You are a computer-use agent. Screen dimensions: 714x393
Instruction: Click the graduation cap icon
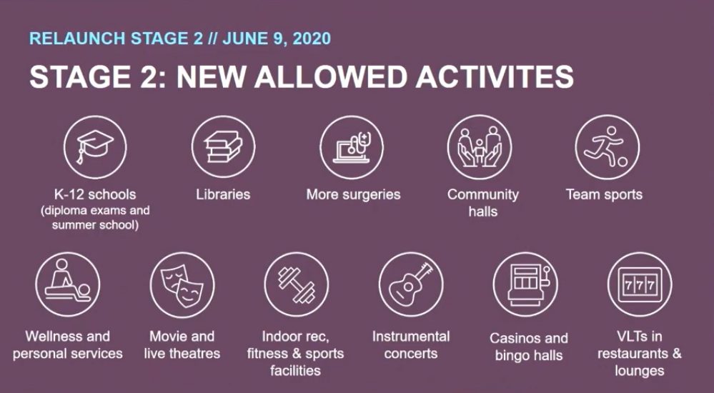click(x=95, y=146)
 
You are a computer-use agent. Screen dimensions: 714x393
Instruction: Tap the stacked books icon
click(x=223, y=146)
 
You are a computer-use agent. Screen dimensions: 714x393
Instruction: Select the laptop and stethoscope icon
click(x=352, y=146)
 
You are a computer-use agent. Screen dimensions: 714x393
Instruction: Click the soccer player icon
click(x=608, y=146)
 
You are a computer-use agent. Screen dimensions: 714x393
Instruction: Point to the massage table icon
click(x=67, y=284)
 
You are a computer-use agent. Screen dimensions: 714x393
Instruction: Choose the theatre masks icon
click(x=182, y=284)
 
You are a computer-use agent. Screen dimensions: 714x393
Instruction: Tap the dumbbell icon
click(x=297, y=284)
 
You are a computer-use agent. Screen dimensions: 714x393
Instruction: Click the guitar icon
click(x=411, y=284)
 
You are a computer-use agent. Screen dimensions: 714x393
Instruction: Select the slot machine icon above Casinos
click(x=525, y=284)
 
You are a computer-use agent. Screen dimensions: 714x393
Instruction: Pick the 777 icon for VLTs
click(x=640, y=284)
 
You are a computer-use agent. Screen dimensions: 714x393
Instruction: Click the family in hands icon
click(x=480, y=146)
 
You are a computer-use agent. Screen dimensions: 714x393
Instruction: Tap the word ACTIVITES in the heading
click(x=495, y=76)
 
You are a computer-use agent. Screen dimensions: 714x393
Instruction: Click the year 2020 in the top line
click(x=312, y=39)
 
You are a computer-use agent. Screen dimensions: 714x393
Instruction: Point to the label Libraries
click(x=223, y=194)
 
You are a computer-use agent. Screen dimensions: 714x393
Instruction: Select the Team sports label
click(x=604, y=194)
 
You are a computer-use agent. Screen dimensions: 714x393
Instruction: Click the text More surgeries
click(x=353, y=194)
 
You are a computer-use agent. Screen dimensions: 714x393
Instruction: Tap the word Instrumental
click(x=411, y=337)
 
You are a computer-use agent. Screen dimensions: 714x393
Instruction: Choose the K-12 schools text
click(x=95, y=194)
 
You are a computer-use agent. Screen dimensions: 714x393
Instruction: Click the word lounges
click(x=640, y=371)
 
